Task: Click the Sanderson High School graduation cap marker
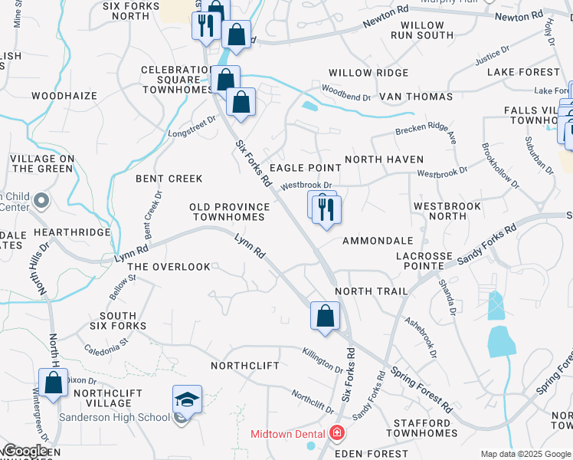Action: [x=187, y=399]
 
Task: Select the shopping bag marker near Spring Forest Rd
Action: [x=325, y=315]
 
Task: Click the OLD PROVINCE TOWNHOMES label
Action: [x=230, y=212]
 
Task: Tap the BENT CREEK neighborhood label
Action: [x=169, y=179]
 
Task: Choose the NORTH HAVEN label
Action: [x=384, y=159]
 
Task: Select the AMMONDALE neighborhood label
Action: [x=372, y=241]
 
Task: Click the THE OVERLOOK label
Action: [x=169, y=267]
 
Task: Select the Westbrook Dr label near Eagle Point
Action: [x=306, y=186]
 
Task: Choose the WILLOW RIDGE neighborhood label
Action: [x=368, y=73]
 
